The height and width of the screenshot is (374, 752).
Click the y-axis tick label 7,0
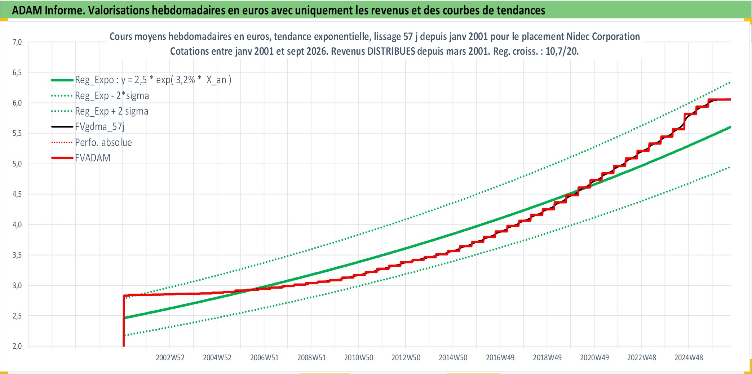tap(17, 42)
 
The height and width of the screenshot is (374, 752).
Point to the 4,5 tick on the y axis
tap(17, 194)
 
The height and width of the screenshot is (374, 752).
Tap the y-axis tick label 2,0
tap(17, 346)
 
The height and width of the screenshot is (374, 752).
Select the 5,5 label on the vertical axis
tap(17, 133)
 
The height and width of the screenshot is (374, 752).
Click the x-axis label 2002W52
tap(170, 357)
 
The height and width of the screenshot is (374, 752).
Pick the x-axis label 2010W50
tap(359, 357)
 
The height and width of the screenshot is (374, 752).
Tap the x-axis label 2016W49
tap(500, 357)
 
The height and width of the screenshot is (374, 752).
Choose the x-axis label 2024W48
tap(689, 357)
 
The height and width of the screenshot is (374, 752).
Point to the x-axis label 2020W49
tap(594, 357)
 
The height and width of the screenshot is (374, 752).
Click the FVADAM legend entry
tap(93, 158)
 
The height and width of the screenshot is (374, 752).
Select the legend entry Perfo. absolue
tap(103, 142)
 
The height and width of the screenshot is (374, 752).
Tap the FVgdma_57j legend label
tap(99, 127)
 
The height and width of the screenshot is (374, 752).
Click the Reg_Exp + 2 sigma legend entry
tap(112, 111)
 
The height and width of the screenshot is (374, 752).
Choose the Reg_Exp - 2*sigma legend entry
tap(112, 95)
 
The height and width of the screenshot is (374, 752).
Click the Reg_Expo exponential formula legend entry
tap(153, 80)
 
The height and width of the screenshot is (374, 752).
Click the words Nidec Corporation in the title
tap(603, 36)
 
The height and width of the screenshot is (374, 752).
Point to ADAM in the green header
tap(27, 10)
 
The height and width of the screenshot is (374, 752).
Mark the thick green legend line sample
tap(62, 80)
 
